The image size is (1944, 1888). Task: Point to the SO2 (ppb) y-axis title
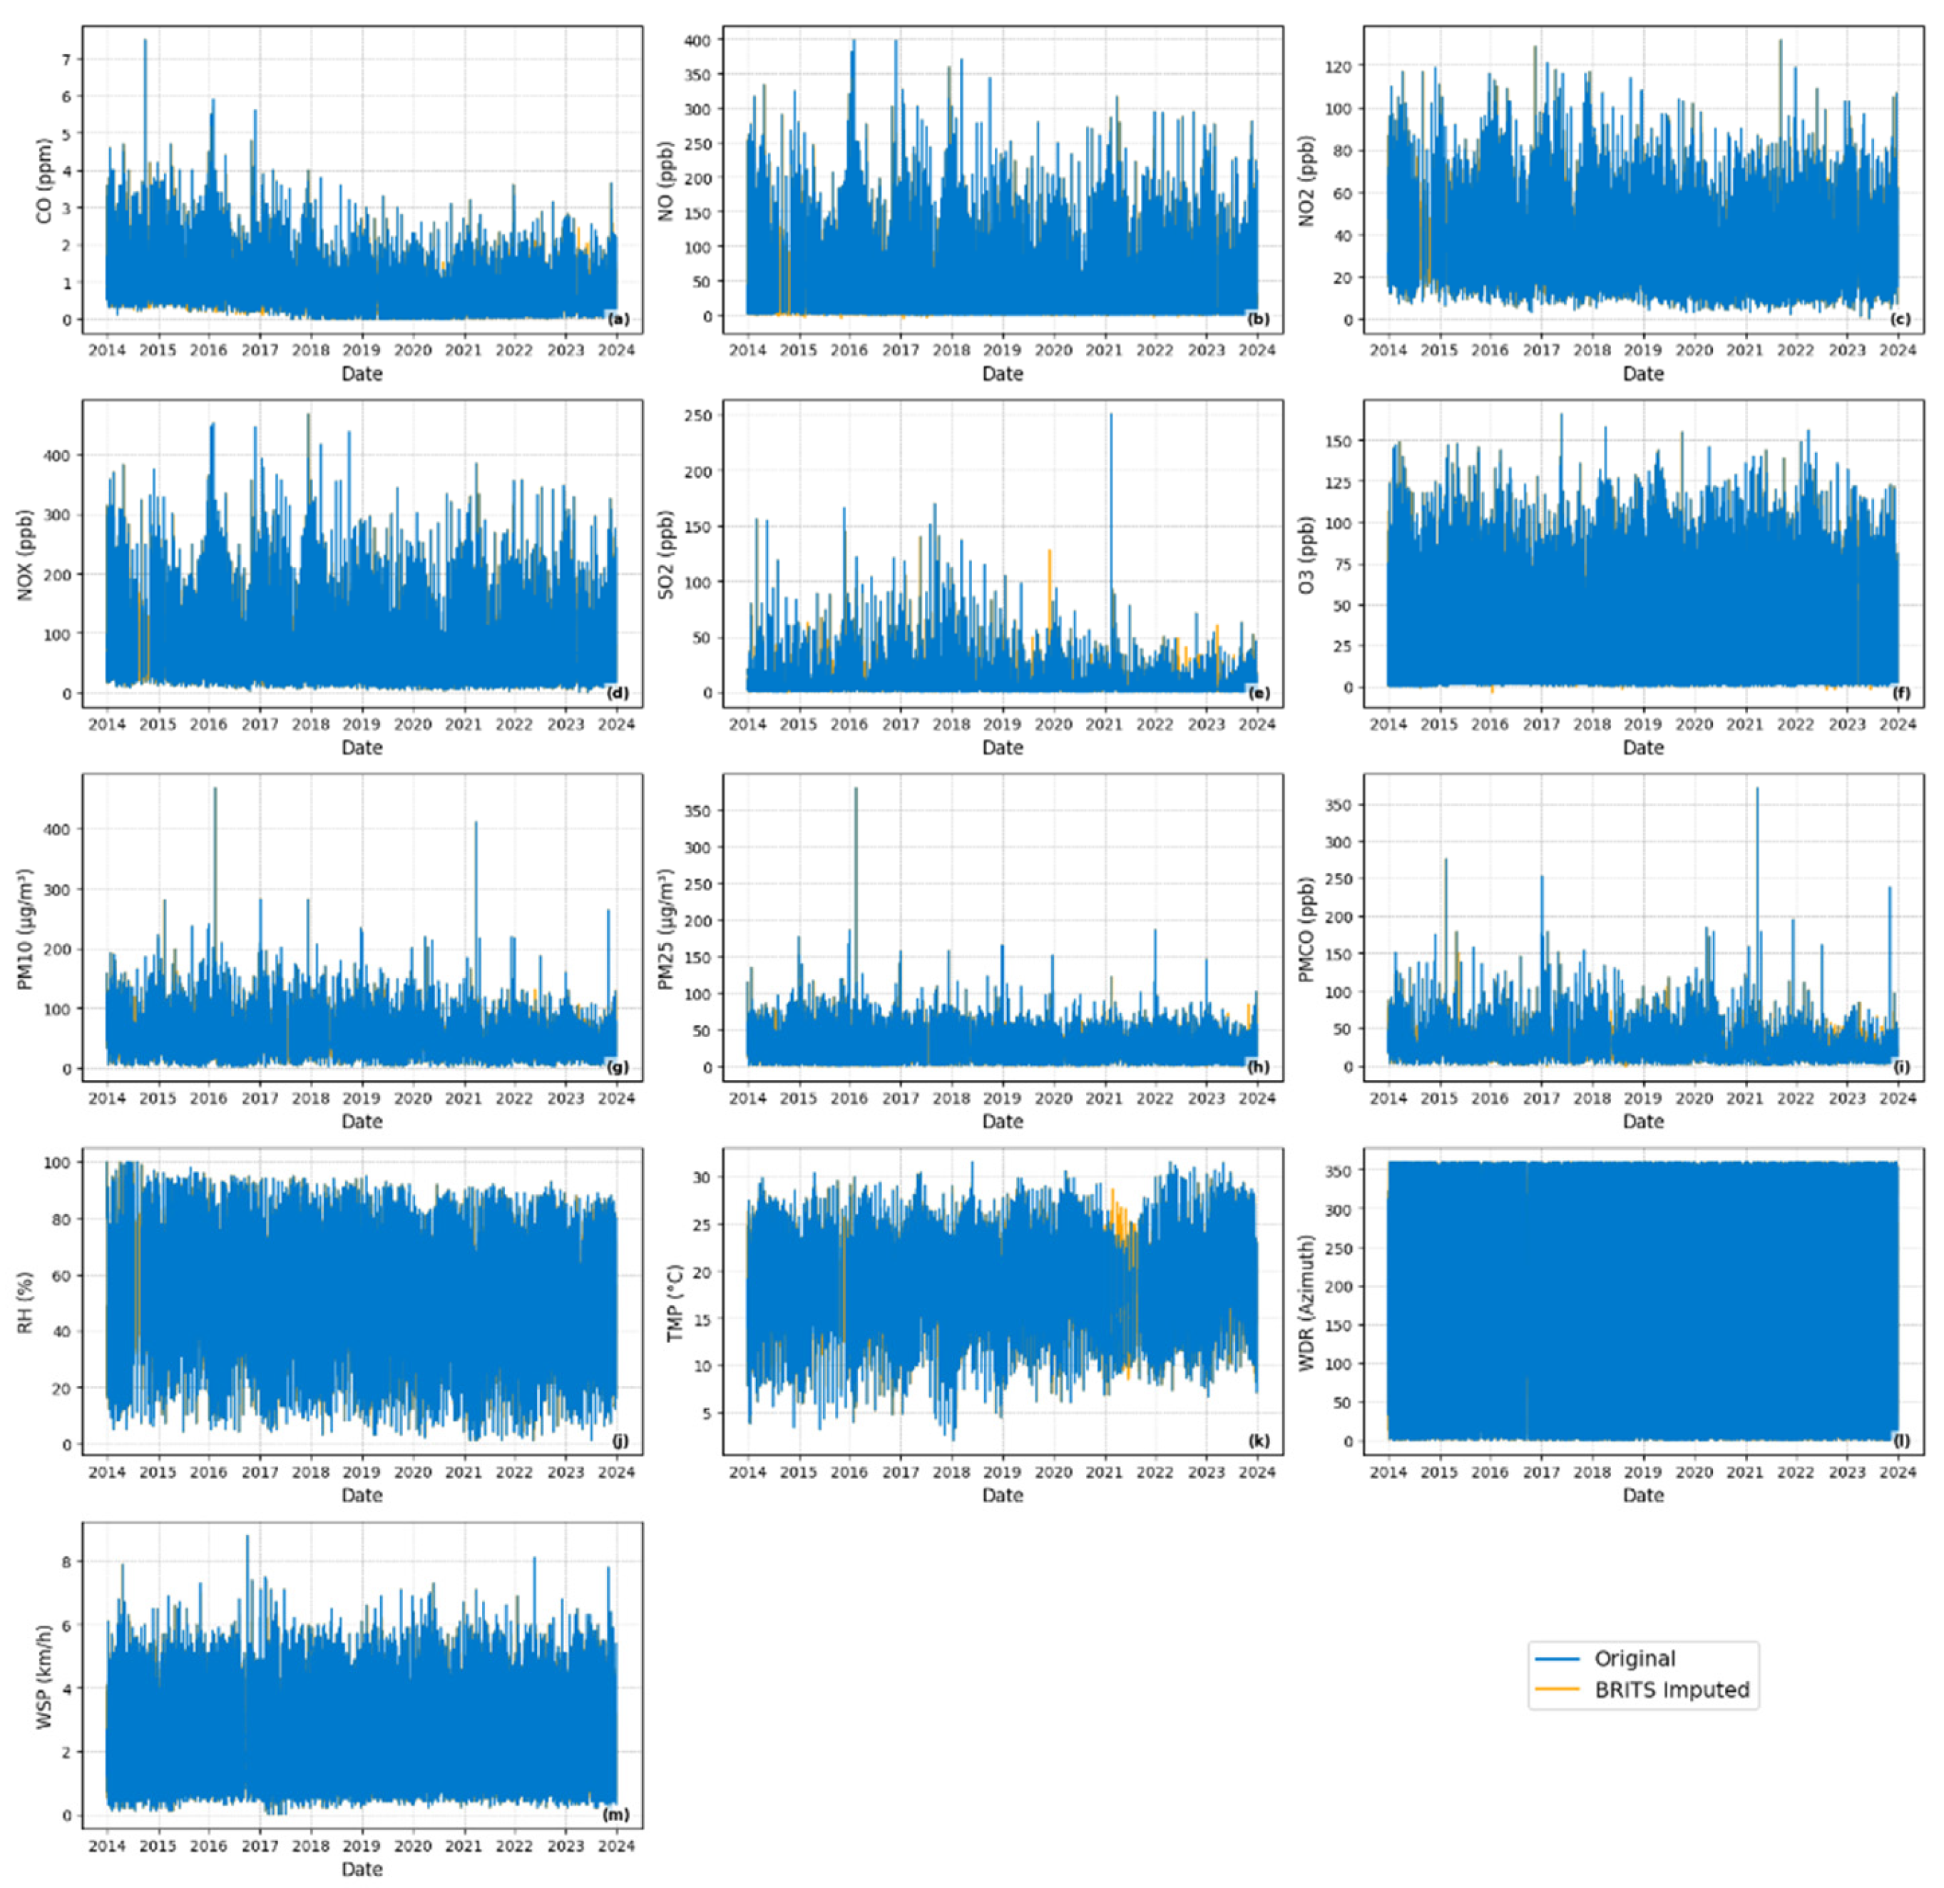point(665,555)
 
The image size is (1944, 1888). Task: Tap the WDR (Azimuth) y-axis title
point(1306,1302)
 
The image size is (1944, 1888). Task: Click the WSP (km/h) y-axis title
point(44,1677)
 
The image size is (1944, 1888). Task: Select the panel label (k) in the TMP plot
point(1259,1441)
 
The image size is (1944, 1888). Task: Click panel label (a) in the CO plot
point(618,320)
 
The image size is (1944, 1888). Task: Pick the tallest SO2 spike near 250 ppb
point(1111,417)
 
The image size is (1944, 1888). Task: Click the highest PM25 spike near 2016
point(856,791)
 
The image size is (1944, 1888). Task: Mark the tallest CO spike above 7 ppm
point(145,41)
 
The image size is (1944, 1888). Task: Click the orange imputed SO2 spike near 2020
point(1049,556)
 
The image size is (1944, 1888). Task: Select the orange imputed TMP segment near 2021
point(1121,1220)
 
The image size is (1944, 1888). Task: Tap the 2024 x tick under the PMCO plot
point(1898,1098)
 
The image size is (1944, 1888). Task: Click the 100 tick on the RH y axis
point(63,1162)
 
